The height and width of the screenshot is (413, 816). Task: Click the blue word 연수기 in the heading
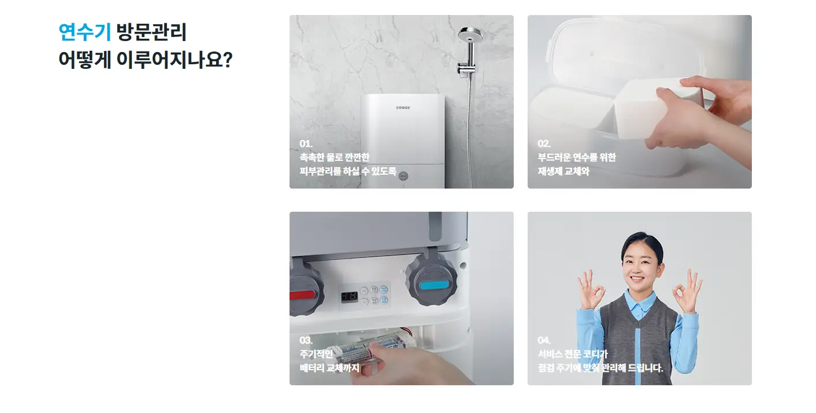click(x=84, y=32)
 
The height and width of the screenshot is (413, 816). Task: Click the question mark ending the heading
click(x=228, y=60)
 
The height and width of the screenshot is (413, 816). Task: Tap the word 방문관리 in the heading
click(x=151, y=32)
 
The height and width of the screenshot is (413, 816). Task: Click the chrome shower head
click(x=470, y=35)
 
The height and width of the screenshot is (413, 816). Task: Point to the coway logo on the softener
click(x=403, y=108)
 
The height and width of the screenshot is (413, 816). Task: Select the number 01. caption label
click(x=306, y=143)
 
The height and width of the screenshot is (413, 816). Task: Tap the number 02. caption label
click(x=544, y=143)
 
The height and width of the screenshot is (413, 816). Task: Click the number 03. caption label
click(x=306, y=341)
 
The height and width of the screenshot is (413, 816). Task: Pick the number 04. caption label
click(x=544, y=341)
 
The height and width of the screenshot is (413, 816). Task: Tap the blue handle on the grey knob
click(x=433, y=285)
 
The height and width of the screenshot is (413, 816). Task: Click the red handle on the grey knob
click(x=302, y=295)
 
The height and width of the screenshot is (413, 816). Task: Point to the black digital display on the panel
click(x=349, y=297)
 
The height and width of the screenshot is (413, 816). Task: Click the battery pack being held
click(x=372, y=348)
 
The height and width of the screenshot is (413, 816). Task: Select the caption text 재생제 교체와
click(x=563, y=171)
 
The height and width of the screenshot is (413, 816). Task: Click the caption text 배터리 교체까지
click(x=329, y=368)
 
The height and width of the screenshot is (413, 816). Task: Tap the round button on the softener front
click(x=403, y=176)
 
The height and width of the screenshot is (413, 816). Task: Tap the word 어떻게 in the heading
click(x=84, y=60)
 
